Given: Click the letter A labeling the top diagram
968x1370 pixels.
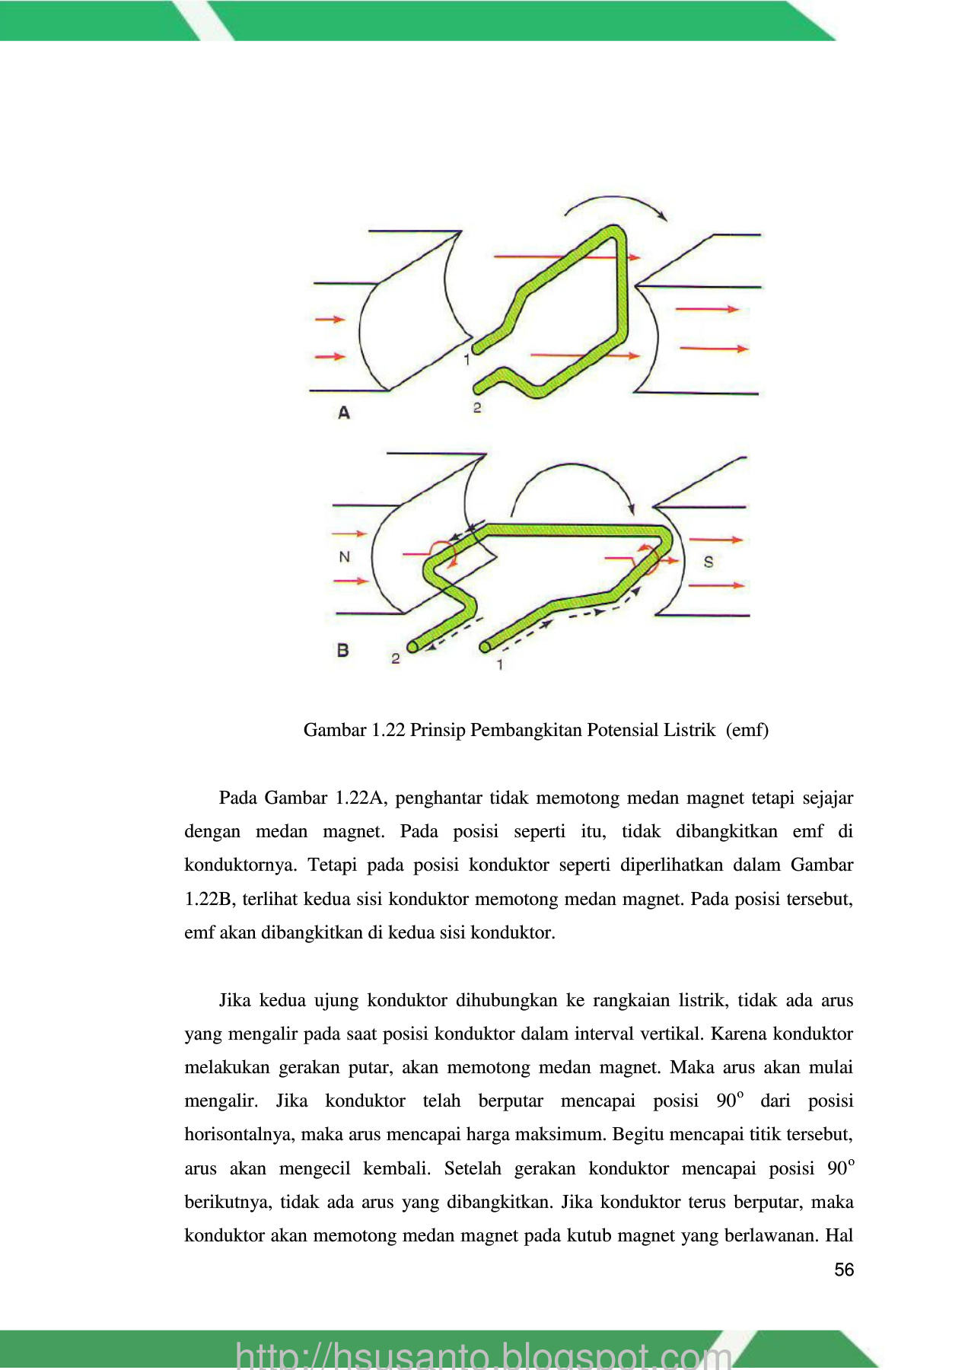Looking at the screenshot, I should [x=344, y=413].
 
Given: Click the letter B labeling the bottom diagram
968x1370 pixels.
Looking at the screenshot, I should [x=342, y=651].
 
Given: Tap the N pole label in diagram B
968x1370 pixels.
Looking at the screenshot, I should [x=345, y=557].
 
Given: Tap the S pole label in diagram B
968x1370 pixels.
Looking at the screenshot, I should [x=708, y=562].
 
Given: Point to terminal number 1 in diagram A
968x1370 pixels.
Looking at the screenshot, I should [x=467, y=359].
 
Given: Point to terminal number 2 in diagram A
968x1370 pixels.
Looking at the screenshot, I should [x=477, y=408].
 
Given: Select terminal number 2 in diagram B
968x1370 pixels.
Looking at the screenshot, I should [x=396, y=658].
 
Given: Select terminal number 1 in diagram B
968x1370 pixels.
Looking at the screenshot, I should [x=499, y=665].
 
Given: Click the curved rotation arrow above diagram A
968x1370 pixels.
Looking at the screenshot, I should [x=615, y=204].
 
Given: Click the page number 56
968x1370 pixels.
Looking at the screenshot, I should [x=844, y=1270].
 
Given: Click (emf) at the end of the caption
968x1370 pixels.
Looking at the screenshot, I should [x=747, y=730].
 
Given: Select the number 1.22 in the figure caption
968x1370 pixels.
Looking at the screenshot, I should [x=388, y=730].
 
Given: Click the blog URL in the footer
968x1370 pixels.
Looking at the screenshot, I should [x=483, y=1356].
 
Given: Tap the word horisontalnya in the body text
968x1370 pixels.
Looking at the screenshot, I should [x=239, y=1135].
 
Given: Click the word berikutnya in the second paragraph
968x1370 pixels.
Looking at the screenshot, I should [x=228, y=1203].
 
